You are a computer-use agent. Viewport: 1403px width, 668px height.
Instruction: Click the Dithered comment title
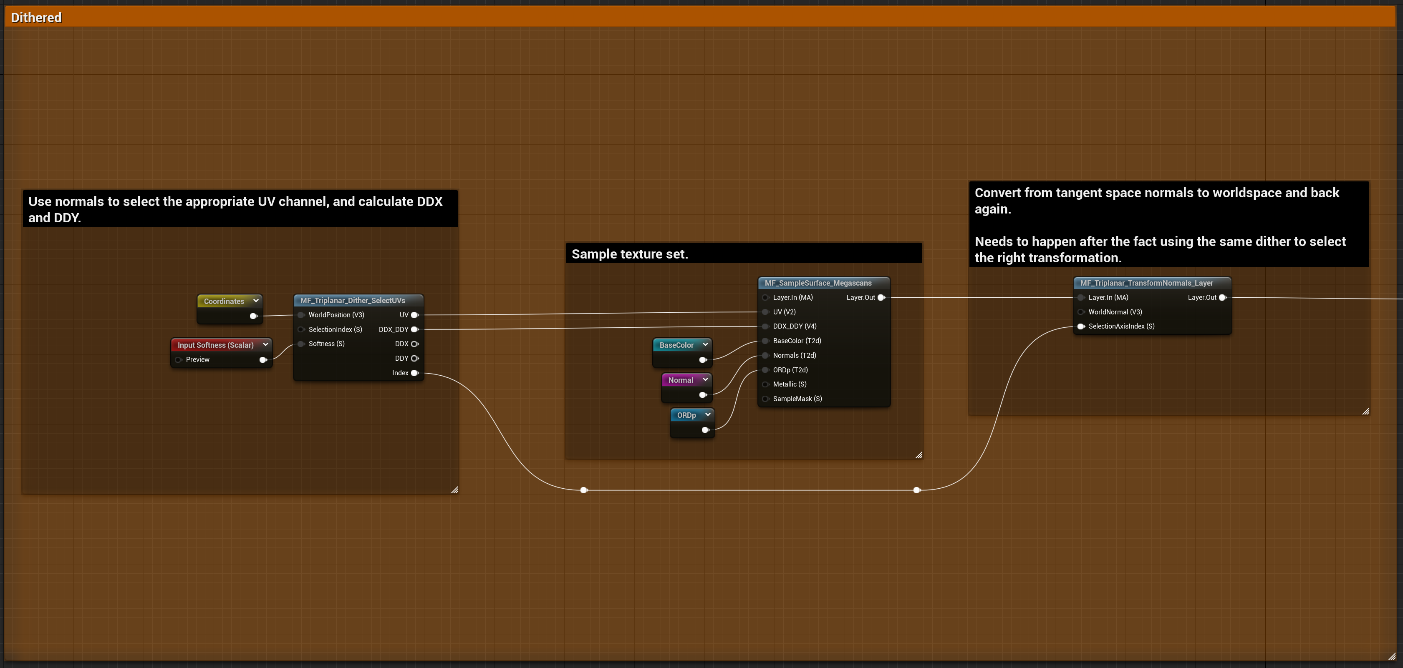coord(36,18)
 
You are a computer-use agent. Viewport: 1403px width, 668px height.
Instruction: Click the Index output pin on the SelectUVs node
coord(414,373)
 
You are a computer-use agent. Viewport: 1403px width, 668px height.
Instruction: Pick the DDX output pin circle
coord(414,344)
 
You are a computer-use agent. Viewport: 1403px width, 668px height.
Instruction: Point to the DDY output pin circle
coord(414,358)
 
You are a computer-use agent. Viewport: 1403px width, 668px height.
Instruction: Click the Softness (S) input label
coord(326,344)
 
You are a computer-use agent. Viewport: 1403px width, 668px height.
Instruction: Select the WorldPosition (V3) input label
coord(336,315)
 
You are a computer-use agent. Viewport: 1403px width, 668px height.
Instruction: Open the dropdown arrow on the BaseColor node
coord(705,344)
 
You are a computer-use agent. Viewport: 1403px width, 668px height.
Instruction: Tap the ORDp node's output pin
coord(705,430)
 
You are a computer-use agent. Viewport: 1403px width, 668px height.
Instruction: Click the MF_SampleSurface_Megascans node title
coord(818,283)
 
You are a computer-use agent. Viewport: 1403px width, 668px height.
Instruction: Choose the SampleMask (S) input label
coord(797,399)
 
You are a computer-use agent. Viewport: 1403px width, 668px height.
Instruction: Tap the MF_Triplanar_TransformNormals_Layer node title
coord(1146,283)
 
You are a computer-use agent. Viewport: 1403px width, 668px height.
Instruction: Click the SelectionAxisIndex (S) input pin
coord(1081,326)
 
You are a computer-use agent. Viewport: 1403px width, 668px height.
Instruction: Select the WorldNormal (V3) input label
coord(1115,312)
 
